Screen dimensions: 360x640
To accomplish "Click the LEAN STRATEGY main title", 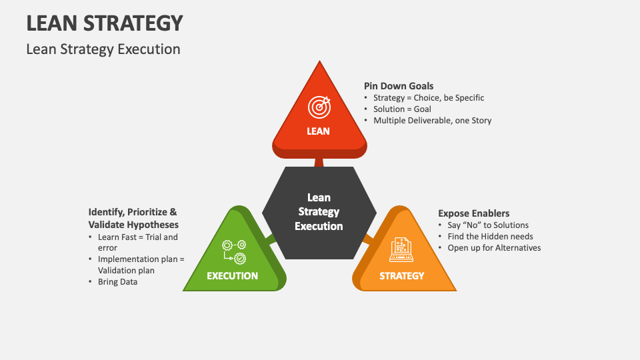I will pyautogui.click(x=105, y=23).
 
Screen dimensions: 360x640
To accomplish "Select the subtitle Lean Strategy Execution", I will pyautogui.click(x=103, y=49).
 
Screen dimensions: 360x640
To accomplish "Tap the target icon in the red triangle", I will pyautogui.click(x=319, y=106).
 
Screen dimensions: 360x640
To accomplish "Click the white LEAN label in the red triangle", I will pyautogui.click(x=319, y=131).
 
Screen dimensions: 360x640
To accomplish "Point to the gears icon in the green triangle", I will pyautogui.click(x=234, y=251).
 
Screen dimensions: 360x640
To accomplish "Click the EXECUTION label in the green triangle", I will pyautogui.click(x=232, y=275).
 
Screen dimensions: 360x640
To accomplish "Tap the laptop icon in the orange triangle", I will pyautogui.click(x=402, y=250).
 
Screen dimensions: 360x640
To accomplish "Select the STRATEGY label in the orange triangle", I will pyautogui.click(x=402, y=275).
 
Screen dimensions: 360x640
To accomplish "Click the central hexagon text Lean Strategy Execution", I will pyautogui.click(x=319, y=212).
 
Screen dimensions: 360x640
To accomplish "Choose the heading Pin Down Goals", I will pyautogui.click(x=399, y=86).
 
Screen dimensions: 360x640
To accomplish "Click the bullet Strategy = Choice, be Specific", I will pyautogui.click(x=429, y=98).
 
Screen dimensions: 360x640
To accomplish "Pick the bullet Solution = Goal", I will pyautogui.click(x=402, y=109).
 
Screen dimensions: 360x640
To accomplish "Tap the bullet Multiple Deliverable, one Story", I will pyautogui.click(x=432, y=121).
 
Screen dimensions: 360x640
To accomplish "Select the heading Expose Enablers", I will pyautogui.click(x=473, y=213).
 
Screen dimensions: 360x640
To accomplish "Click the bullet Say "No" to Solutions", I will pyautogui.click(x=488, y=225).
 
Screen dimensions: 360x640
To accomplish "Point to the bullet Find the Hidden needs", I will pyautogui.click(x=490, y=236).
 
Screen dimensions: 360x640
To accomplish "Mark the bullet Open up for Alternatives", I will pyautogui.click(x=494, y=248).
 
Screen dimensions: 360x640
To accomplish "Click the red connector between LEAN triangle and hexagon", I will pyautogui.click(x=319, y=162).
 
